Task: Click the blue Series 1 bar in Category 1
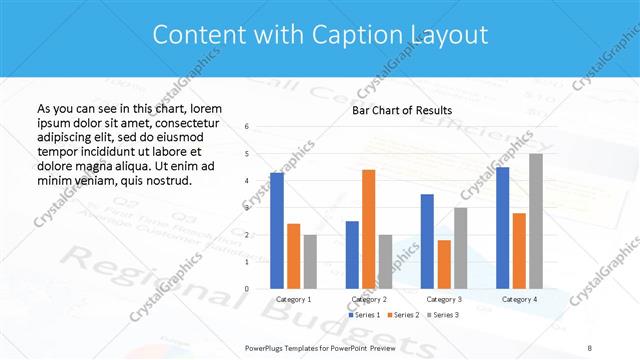pos(277,231)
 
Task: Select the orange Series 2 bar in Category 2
pos(368,229)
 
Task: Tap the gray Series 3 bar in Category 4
pos(536,221)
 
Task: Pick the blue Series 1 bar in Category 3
pos(427,241)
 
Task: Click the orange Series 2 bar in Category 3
pos(444,264)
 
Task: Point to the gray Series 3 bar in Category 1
pos(310,262)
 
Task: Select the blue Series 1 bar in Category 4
pos(502,228)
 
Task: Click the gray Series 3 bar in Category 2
pos(385,262)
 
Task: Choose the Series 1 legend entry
pos(364,315)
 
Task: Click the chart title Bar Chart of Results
pos(402,110)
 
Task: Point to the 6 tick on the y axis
pos(247,127)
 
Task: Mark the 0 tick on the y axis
pos(247,289)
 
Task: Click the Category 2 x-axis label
pos(369,299)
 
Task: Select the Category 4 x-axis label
pos(519,299)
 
